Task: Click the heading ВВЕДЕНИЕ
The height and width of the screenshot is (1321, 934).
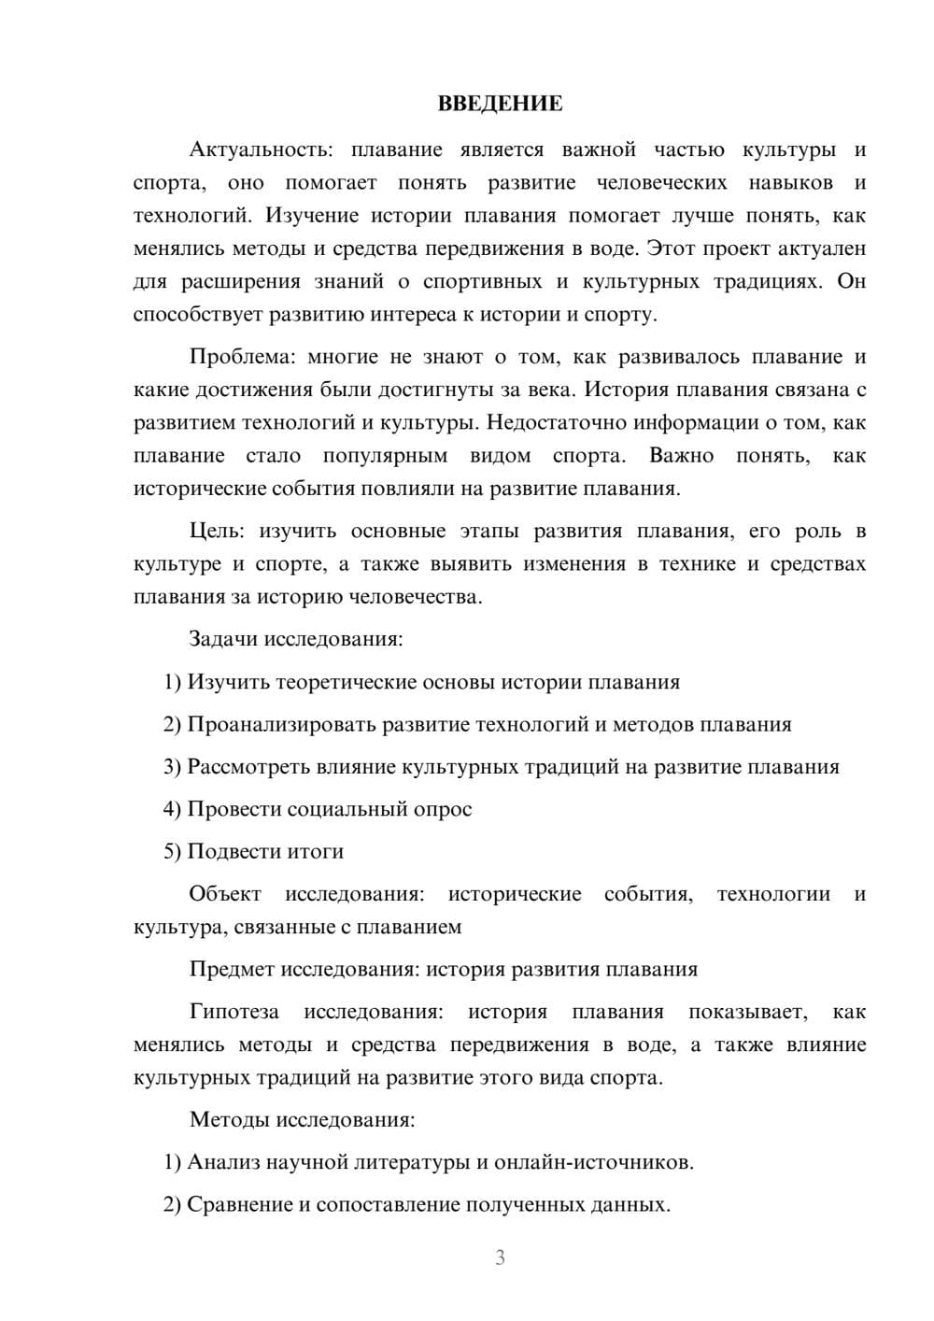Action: [500, 104]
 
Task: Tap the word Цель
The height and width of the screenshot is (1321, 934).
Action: [216, 532]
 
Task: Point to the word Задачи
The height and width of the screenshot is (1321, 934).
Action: [223, 640]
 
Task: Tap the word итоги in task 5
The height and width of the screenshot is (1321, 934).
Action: [315, 851]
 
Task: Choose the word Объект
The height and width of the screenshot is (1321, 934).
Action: [225, 894]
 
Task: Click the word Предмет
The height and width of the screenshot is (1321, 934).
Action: [232, 969]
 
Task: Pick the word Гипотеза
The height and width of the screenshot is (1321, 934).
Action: [233, 1012]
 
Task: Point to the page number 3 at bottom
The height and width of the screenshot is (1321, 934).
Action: [500, 1257]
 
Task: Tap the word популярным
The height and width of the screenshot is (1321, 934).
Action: [385, 456]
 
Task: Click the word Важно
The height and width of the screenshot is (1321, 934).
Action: [681, 456]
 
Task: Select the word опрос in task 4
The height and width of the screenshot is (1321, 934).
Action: [442, 809]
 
